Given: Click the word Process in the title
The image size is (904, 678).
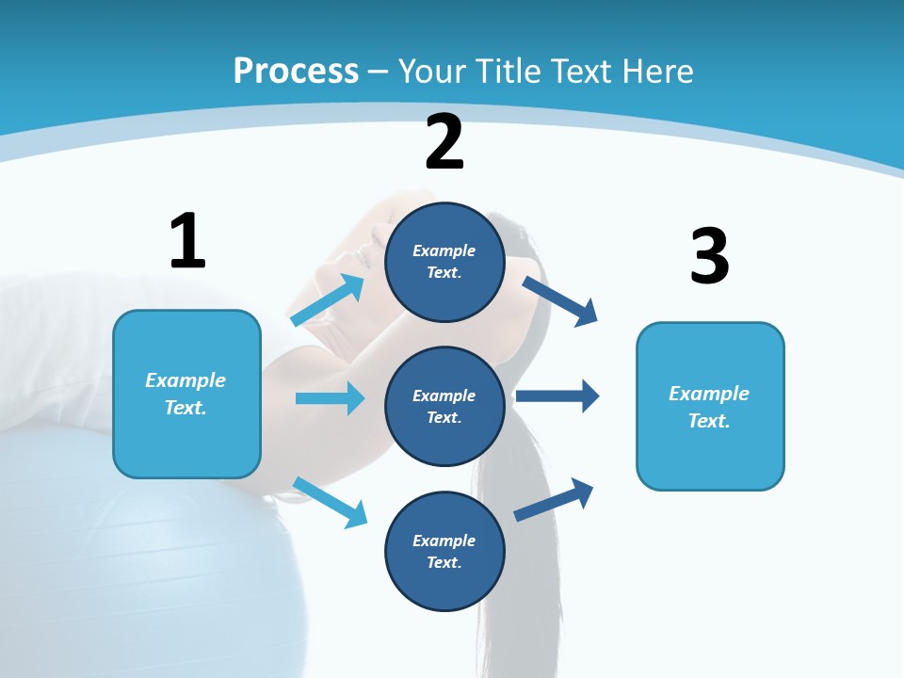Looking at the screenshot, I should coord(296,72).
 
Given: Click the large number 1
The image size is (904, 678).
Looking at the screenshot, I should coord(187,241).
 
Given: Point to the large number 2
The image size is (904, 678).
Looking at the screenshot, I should coord(444,142).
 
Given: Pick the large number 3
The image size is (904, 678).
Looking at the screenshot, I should coord(709,256).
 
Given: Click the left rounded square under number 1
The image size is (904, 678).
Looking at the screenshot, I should coord(186,394).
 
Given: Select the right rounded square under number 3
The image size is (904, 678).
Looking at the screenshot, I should coord(710,406).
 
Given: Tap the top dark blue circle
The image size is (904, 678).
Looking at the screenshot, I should coord(444,262).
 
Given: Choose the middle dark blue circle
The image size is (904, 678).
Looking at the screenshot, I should coord(444,406).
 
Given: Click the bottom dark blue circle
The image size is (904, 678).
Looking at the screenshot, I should coord(444,551).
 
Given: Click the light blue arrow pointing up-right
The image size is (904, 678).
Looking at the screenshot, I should coord(328,300).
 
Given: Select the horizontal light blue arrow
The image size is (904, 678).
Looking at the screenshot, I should coord(330,398).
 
